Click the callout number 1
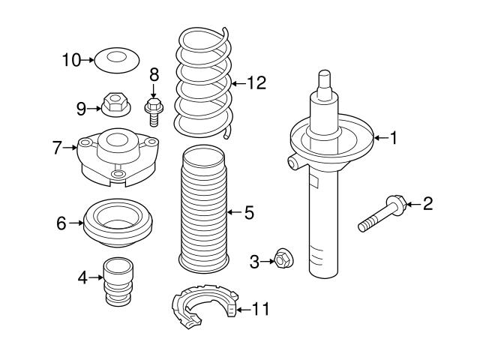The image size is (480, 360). pyautogui.click(x=394, y=137)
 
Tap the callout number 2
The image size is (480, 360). pyautogui.click(x=428, y=202)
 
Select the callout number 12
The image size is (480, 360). pyautogui.click(x=256, y=83)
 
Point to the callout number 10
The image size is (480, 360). pyautogui.click(x=70, y=59)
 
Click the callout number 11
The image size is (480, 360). pyautogui.click(x=260, y=308)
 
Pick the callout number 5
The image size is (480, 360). pyautogui.click(x=248, y=213)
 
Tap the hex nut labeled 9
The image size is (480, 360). pyautogui.click(x=115, y=105)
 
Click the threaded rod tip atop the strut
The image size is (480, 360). pyautogui.click(x=324, y=79)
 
